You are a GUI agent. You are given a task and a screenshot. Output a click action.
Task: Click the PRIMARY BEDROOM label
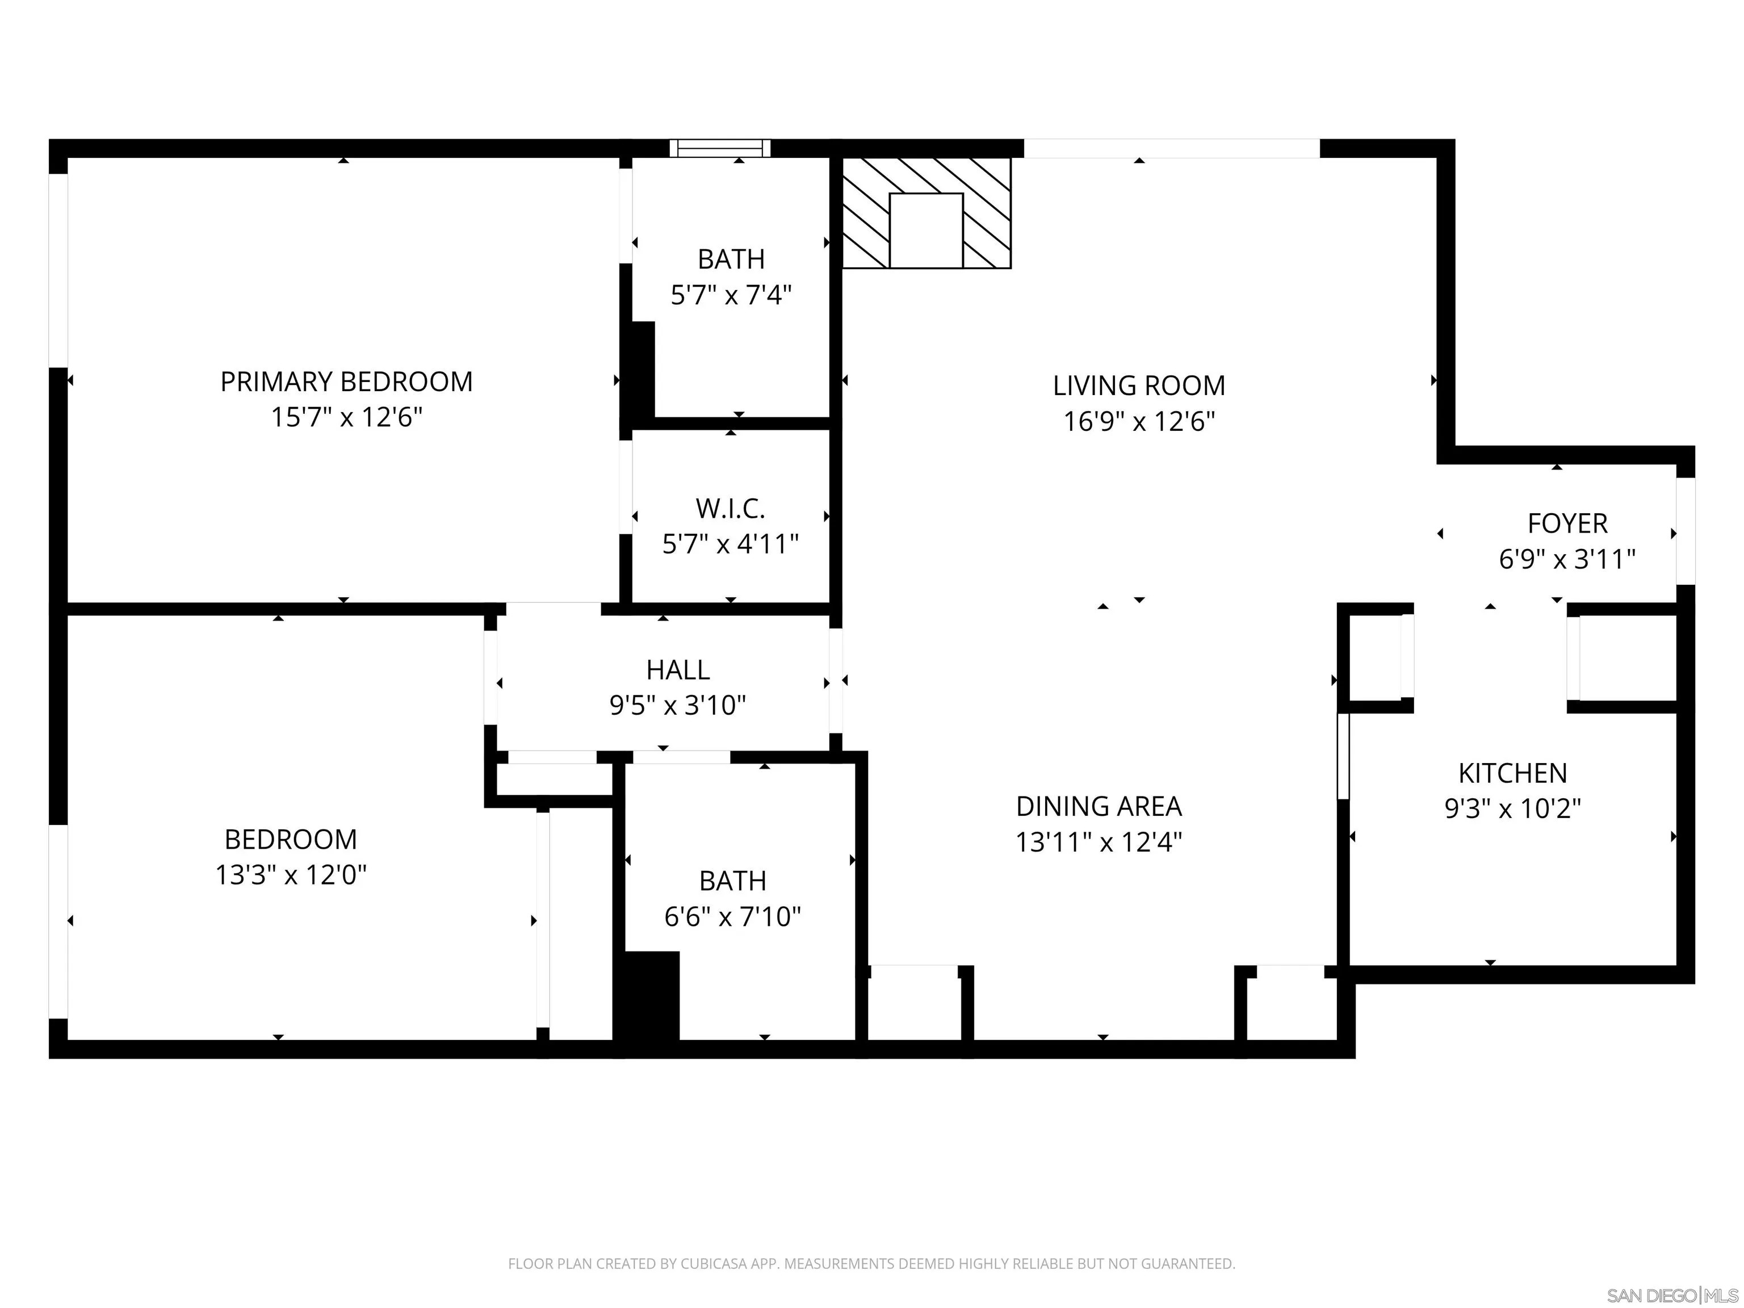click(x=346, y=381)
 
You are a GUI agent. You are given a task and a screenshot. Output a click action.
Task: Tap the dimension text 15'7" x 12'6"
click(x=346, y=417)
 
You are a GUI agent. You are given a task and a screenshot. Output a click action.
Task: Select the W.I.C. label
click(x=730, y=509)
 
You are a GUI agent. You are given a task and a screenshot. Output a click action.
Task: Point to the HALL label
click(x=677, y=669)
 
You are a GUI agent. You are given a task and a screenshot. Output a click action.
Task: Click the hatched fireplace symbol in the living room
click(x=927, y=213)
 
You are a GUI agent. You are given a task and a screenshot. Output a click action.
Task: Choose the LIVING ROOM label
click(x=1138, y=385)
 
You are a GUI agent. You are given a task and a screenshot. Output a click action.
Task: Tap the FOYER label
click(x=1567, y=523)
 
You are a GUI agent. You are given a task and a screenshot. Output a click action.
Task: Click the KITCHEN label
click(x=1512, y=773)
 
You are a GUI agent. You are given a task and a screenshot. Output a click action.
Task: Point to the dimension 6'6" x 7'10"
click(x=732, y=917)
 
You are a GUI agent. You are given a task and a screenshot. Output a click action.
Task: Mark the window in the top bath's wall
click(x=720, y=148)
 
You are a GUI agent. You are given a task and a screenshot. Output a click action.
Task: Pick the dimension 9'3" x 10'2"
click(x=1512, y=809)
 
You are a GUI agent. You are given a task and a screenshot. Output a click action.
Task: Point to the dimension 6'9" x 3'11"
click(x=1567, y=560)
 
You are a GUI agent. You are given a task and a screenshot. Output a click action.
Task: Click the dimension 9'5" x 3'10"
click(x=677, y=705)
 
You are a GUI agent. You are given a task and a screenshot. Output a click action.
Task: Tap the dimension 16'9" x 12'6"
click(x=1138, y=422)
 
